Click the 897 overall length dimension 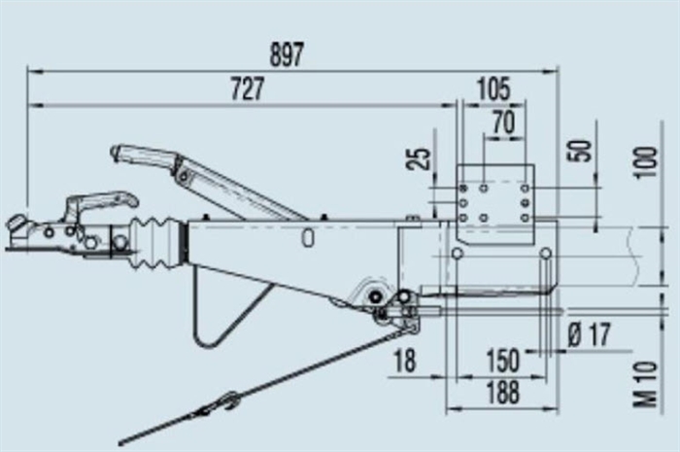tap(287, 54)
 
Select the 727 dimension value tap(247, 88)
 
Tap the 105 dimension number tap(493, 88)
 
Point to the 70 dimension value tap(504, 122)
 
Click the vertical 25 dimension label tap(418, 158)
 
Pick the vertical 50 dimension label tap(580, 151)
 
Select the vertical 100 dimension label tap(645, 161)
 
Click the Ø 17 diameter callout tap(590, 334)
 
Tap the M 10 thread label tap(645, 385)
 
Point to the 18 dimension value tap(405, 360)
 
